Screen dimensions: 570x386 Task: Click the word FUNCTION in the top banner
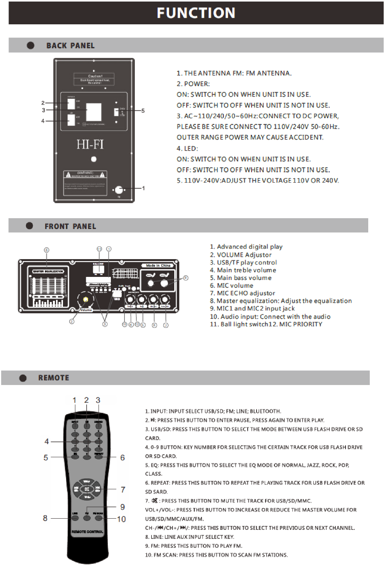click(x=196, y=13)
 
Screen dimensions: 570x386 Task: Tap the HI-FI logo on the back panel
click(x=90, y=144)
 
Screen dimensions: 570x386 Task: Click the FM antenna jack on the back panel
click(x=119, y=190)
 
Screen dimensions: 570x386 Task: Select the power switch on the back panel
click(x=71, y=103)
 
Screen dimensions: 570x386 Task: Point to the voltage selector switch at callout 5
click(x=116, y=112)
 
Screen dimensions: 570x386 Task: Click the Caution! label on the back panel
click(x=95, y=76)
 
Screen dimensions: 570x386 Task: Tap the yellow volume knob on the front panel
click(x=85, y=300)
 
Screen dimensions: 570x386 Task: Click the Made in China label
click(x=158, y=266)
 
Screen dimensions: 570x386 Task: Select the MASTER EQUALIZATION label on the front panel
click(x=48, y=271)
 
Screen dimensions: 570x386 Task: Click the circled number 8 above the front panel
click(x=47, y=250)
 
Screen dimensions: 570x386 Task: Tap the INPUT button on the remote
click(x=75, y=426)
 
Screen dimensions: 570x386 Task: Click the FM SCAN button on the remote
click(x=99, y=518)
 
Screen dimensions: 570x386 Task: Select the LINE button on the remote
click(x=75, y=518)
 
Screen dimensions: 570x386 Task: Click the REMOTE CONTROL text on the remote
click(x=87, y=532)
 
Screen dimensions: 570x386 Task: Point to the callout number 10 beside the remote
click(x=121, y=519)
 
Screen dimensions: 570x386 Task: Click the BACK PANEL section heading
click(x=70, y=46)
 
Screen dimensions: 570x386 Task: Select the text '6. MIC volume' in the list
click(x=231, y=286)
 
